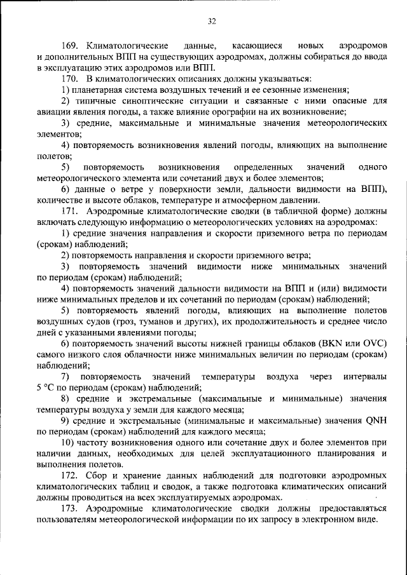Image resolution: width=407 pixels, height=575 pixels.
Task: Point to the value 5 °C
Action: [x=48, y=387]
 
